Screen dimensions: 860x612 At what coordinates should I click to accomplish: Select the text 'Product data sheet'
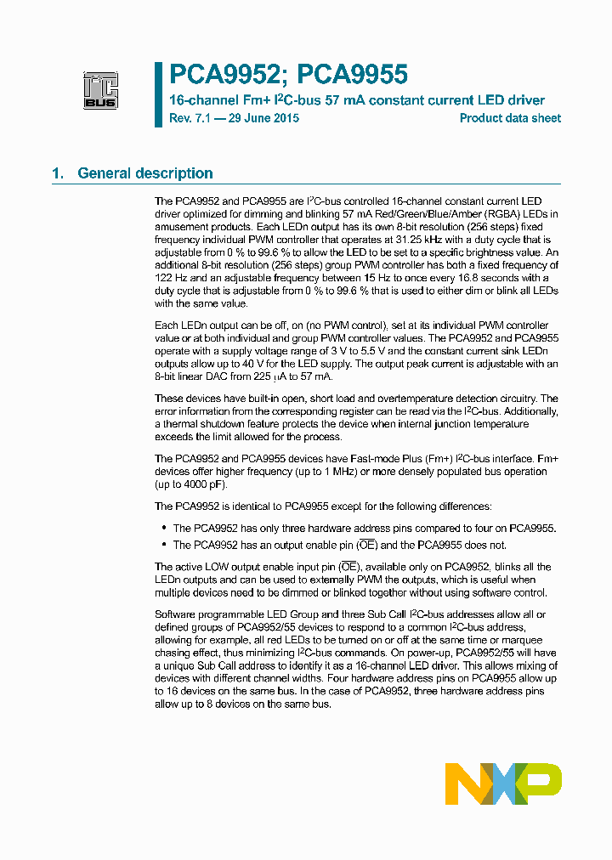pyautogui.click(x=510, y=118)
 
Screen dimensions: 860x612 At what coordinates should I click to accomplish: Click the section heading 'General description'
pyautogui.click(x=144, y=173)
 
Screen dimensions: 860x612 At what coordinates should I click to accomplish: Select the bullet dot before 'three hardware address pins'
pyautogui.click(x=163, y=528)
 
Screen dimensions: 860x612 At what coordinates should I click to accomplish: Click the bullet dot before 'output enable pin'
pyautogui.click(x=163, y=545)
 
